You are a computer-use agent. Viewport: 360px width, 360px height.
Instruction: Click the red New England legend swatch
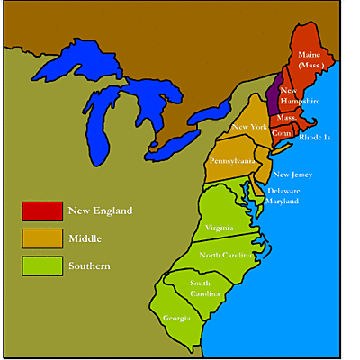[x=42, y=211]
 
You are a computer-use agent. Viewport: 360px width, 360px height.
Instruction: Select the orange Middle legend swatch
[x=42, y=238]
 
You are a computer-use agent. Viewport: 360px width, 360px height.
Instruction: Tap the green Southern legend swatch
[x=42, y=265]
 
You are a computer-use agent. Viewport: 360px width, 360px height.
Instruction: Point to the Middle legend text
[x=85, y=238]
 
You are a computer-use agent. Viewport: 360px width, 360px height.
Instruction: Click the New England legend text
[x=100, y=211]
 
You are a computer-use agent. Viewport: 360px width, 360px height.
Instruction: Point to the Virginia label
[x=219, y=227]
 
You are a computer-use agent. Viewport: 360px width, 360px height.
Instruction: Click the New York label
[x=249, y=127]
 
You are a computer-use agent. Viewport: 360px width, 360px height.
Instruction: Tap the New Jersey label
[x=292, y=175]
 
